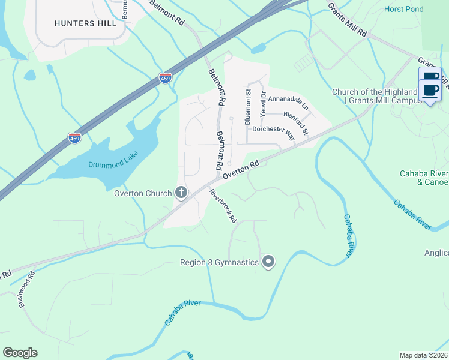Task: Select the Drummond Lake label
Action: [x=113, y=160]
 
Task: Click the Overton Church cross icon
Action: [x=181, y=193]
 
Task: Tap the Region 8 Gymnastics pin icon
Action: [x=268, y=262]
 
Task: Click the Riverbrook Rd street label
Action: [x=223, y=206]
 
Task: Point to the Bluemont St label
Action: [x=247, y=106]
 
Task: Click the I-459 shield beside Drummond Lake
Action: [x=74, y=137]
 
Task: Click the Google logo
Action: [x=20, y=353]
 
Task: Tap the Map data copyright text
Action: [x=424, y=355]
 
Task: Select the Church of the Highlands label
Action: [x=375, y=96]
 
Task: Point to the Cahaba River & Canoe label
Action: [x=424, y=178]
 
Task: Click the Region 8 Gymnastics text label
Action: [x=219, y=262]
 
